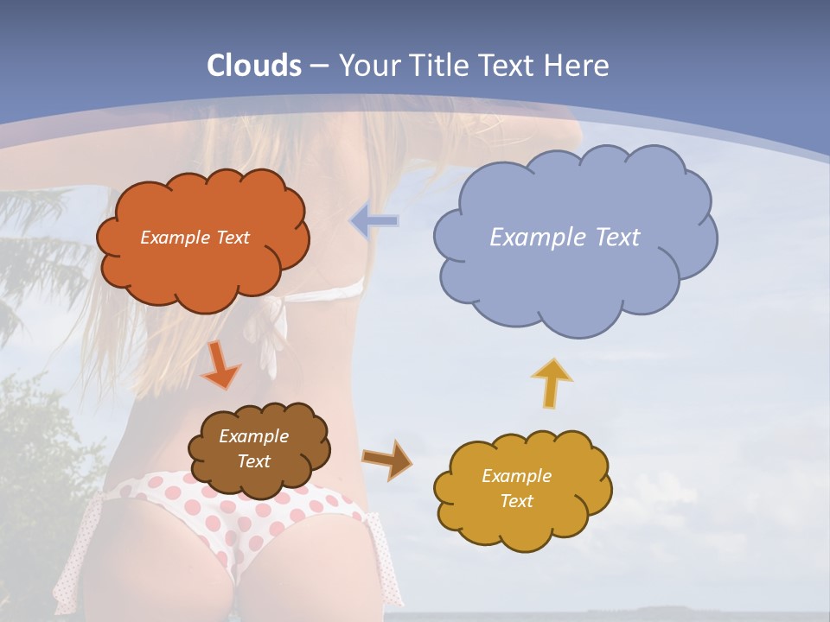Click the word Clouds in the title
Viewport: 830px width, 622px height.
coord(254,66)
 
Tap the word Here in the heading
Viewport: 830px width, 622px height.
coord(578,66)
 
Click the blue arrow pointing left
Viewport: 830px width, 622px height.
coord(374,221)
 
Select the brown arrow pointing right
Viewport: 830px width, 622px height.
coord(386,459)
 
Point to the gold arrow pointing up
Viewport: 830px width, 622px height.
coord(552,382)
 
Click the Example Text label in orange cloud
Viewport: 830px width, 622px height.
coord(195,238)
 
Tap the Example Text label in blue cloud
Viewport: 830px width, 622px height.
coord(565,238)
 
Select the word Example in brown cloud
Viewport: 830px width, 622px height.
coord(253,437)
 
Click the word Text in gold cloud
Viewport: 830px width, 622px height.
coord(516,501)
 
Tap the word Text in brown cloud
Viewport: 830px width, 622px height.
coord(253,461)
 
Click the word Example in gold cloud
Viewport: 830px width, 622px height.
coord(516,476)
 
